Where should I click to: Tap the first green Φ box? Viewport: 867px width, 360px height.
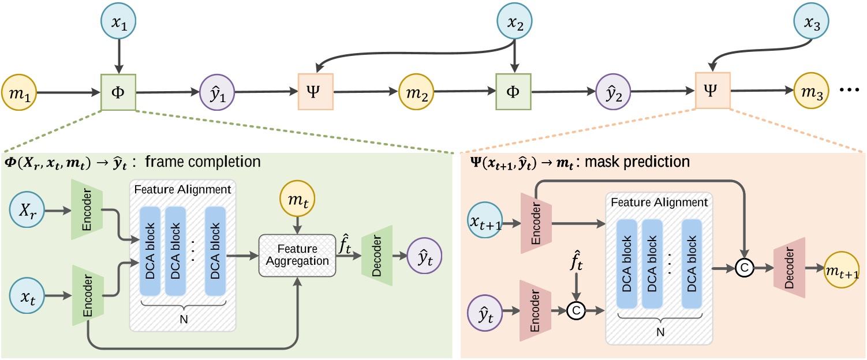pyautogui.click(x=118, y=92)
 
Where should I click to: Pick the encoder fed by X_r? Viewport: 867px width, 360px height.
pyautogui.click(x=85, y=212)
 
